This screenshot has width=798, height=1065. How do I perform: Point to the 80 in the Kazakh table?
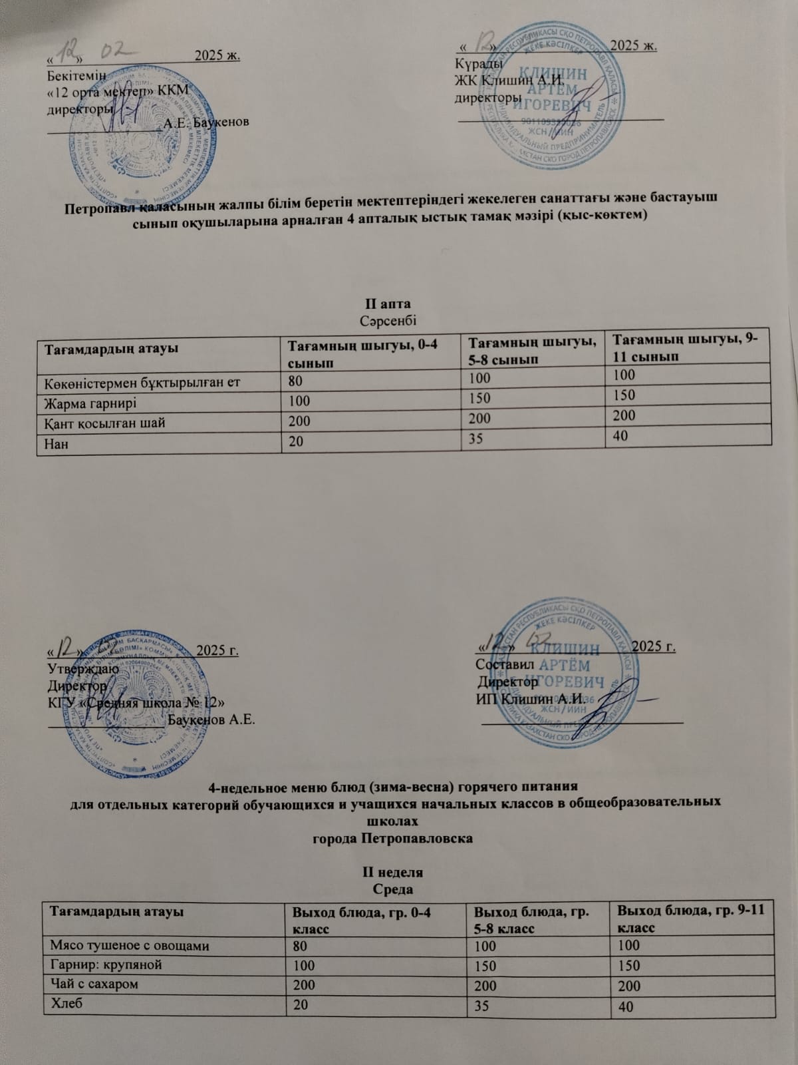click(x=295, y=381)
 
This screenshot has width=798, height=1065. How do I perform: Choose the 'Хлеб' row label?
click(x=64, y=1003)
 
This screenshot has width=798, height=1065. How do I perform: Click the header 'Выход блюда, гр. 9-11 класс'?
click(x=692, y=918)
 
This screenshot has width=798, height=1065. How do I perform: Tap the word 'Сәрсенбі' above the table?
click(x=388, y=320)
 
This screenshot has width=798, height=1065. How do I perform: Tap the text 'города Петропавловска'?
click(x=392, y=838)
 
